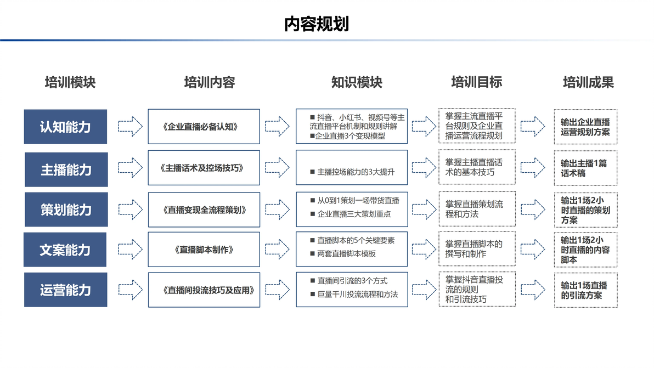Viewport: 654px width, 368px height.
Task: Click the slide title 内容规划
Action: (x=316, y=24)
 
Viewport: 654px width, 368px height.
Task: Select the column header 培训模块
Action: (x=70, y=82)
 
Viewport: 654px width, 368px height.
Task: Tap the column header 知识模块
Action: (x=357, y=82)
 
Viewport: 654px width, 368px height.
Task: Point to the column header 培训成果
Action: (x=588, y=82)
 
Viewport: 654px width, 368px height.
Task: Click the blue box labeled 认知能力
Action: (x=65, y=127)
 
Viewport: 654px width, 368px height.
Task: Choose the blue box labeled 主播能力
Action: (x=66, y=169)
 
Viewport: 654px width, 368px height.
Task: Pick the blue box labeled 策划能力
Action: (x=66, y=210)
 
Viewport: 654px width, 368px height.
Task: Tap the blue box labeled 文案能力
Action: (x=65, y=250)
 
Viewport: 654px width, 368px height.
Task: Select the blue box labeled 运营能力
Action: (x=65, y=290)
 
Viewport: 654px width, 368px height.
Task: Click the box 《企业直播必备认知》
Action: (x=204, y=127)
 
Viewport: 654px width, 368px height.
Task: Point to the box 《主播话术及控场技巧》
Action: (x=204, y=167)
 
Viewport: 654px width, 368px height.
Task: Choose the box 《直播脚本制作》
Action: (x=204, y=249)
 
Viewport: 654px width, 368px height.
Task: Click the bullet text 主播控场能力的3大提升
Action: (x=356, y=172)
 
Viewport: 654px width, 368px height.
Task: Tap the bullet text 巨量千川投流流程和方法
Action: (x=357, y=294)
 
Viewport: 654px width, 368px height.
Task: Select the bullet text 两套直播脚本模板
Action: (x=346, y=253)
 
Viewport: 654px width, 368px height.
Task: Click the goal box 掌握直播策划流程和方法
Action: (x=477, y=209)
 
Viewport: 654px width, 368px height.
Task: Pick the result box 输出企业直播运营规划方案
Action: (x=585, y=127)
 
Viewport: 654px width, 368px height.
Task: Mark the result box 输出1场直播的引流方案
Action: (x=585, y=290)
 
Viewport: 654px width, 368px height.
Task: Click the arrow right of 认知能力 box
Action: (x=130, y=126)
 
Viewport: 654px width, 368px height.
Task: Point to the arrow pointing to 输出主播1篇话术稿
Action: (x=533, y=167)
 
